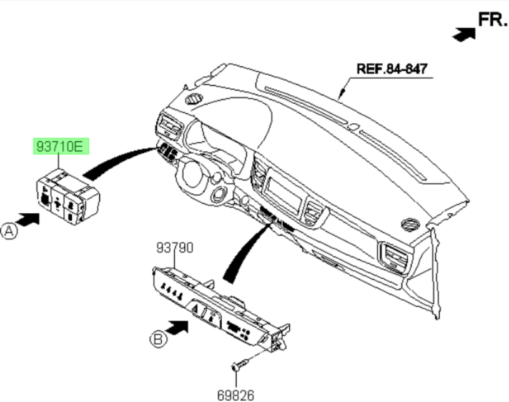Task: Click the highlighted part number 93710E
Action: [61, 148]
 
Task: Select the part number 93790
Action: [174, 249]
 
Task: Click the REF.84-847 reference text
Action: [392, 68]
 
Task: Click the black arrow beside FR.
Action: [463, 34]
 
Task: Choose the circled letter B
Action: [157, 339]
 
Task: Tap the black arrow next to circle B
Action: [180, 327]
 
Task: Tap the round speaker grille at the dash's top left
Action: [194, 99]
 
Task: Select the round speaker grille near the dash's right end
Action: [411, 226]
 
